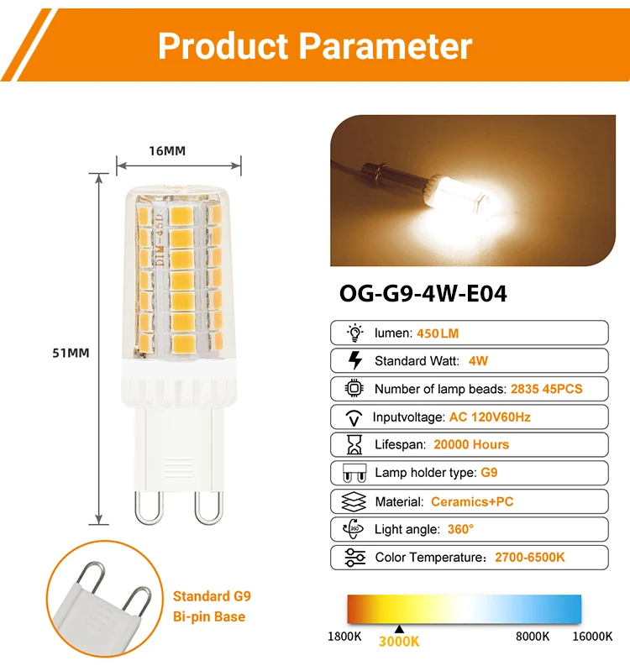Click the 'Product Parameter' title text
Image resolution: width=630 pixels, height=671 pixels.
315,46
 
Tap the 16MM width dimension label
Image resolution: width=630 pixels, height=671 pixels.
167,151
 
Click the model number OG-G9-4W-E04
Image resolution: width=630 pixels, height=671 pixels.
423,294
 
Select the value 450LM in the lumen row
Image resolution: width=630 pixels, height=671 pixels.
438,333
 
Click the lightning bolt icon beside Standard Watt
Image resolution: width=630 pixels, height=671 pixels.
354,361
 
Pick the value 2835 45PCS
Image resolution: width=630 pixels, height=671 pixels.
546,389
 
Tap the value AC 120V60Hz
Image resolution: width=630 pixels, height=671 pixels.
491,417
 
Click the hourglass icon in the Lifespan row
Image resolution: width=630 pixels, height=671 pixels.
354,445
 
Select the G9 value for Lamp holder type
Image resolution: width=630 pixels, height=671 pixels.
489,473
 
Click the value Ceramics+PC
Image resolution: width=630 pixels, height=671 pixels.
471,501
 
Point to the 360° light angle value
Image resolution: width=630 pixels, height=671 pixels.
460,529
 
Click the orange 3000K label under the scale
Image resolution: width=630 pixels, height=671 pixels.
399,642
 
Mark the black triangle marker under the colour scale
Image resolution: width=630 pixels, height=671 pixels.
400,628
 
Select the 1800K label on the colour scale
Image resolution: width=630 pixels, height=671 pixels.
344,636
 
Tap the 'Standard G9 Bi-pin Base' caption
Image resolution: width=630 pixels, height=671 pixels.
211,606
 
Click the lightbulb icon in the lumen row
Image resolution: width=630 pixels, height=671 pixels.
354,333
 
